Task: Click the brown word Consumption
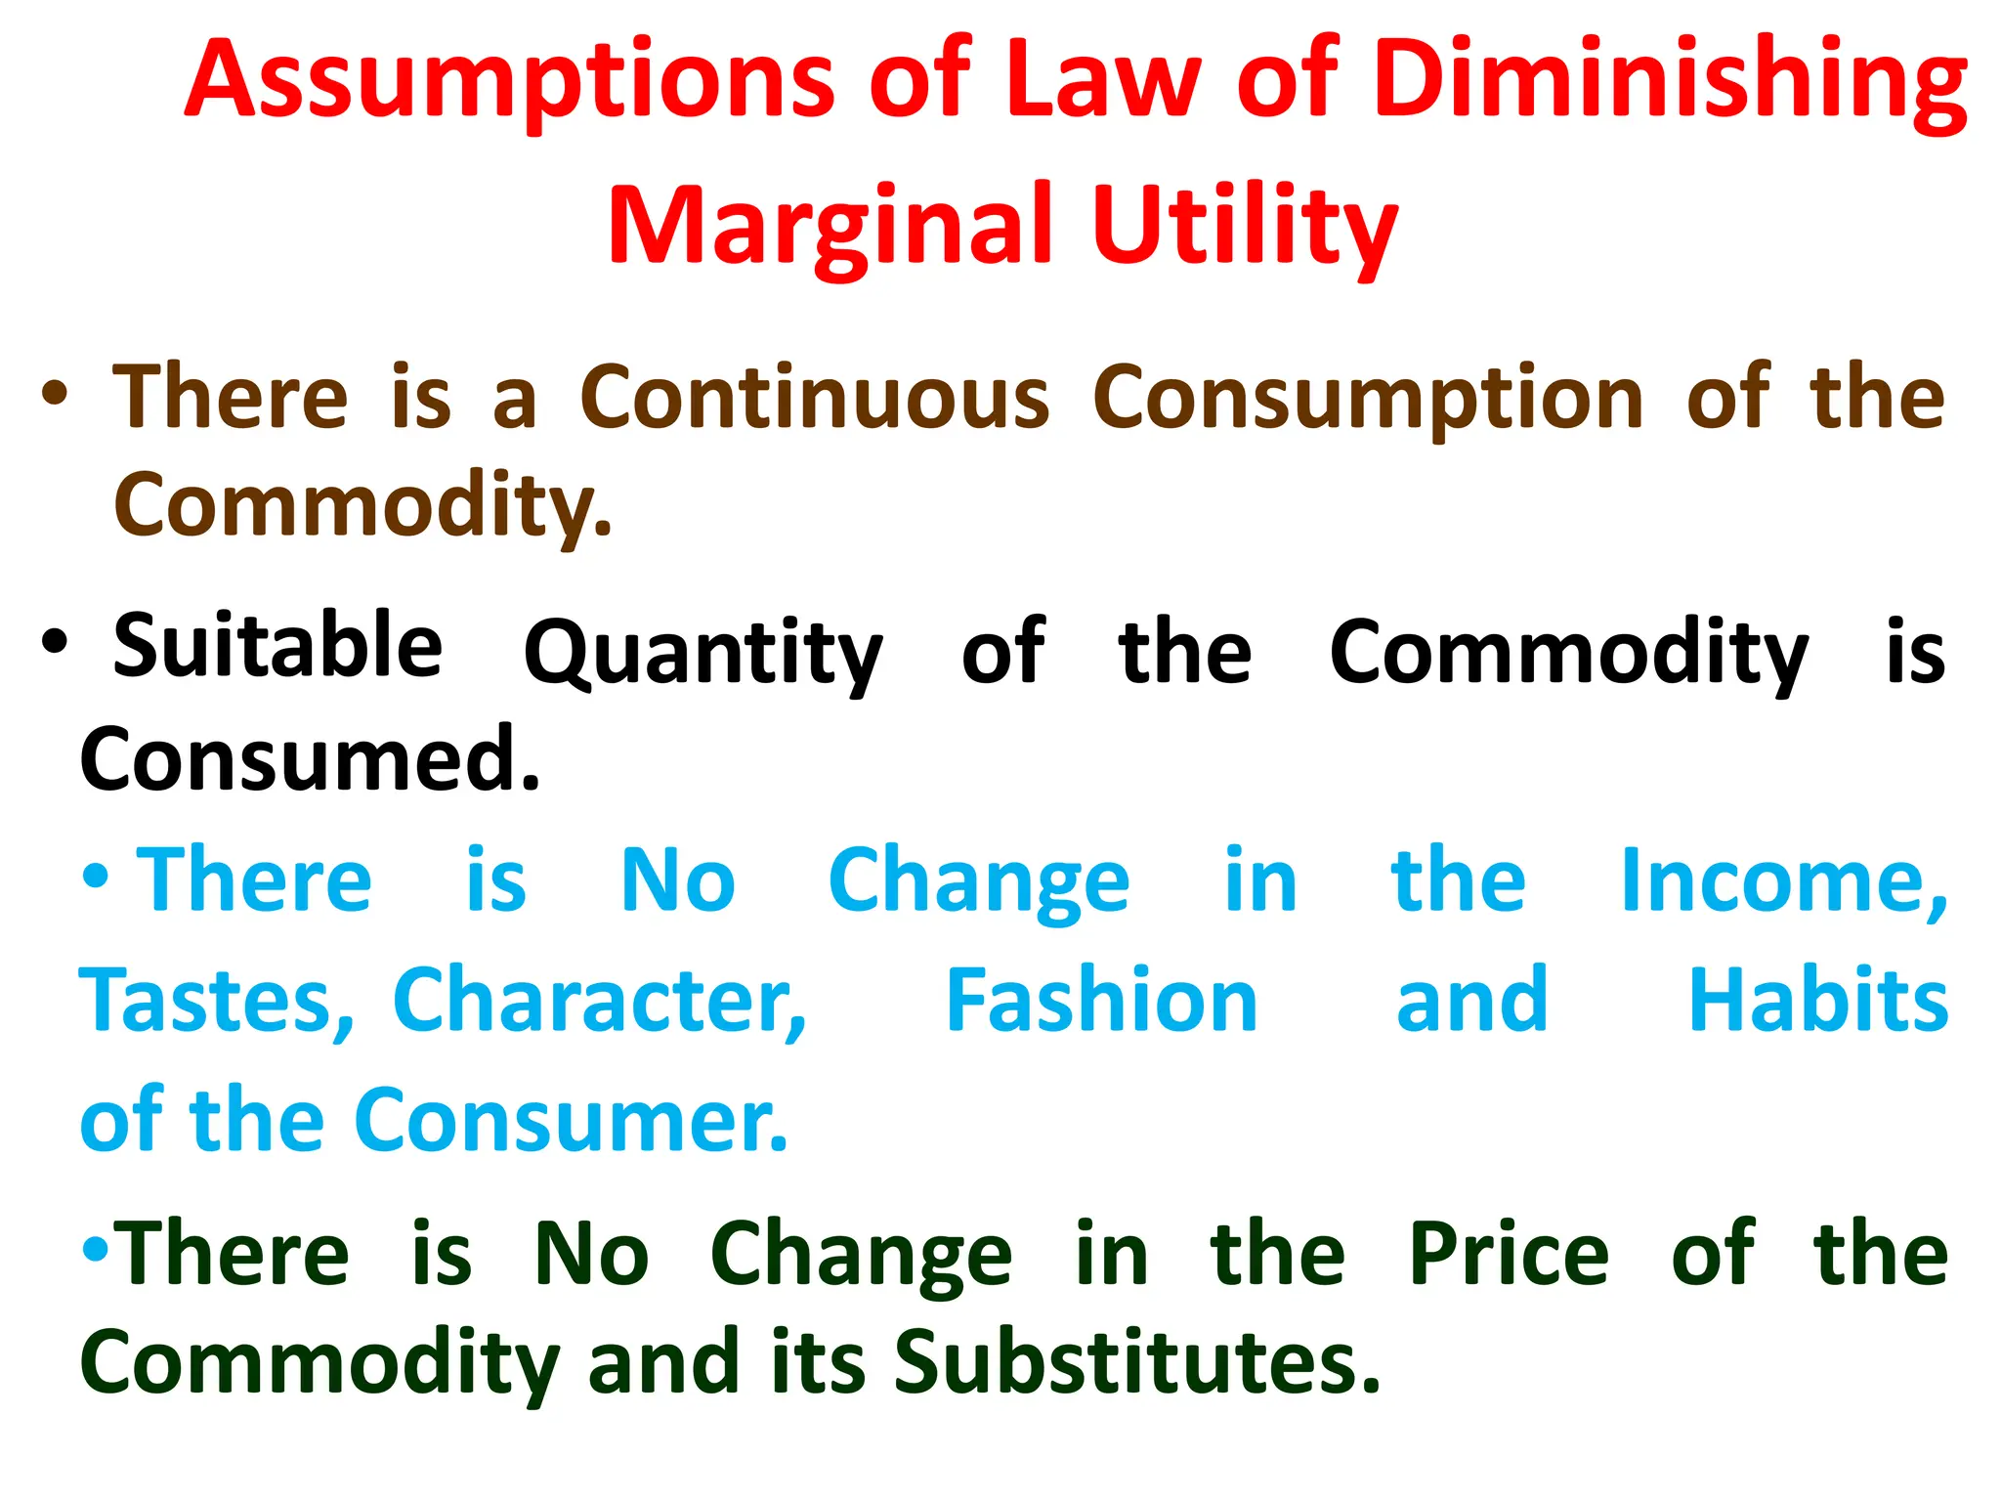(x=1368, y=399)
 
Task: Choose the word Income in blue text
(x=1783, y=881)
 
